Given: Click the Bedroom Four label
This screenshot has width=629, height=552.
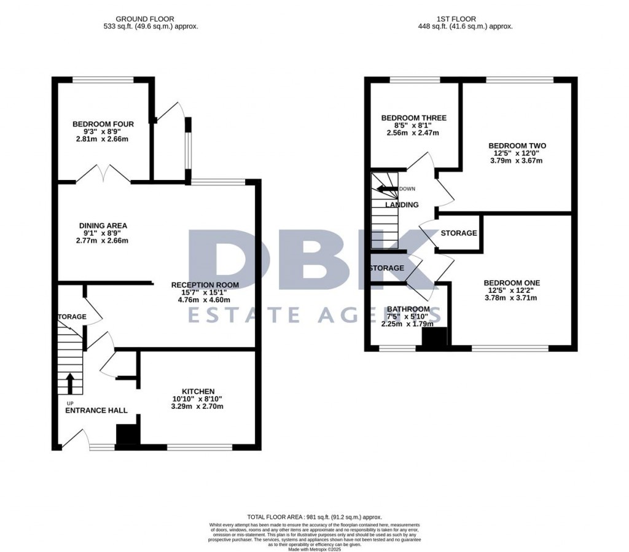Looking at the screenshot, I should [102, 124].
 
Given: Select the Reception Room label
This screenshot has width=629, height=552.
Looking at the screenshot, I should [205, 285].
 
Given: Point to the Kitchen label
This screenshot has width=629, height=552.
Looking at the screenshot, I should [198, 391].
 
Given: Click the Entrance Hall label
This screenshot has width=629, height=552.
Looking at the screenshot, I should [96, 410].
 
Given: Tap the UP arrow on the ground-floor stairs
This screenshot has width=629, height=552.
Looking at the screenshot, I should [69, 383].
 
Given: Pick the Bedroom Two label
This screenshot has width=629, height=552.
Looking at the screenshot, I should [517, 146].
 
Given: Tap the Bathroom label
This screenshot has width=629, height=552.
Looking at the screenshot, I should [408, 309].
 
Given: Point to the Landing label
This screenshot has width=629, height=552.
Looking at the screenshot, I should [402, 204].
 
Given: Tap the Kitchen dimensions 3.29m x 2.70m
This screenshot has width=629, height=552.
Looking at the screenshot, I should [198, 406].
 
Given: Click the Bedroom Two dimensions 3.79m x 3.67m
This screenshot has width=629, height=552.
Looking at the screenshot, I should [517, 161].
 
